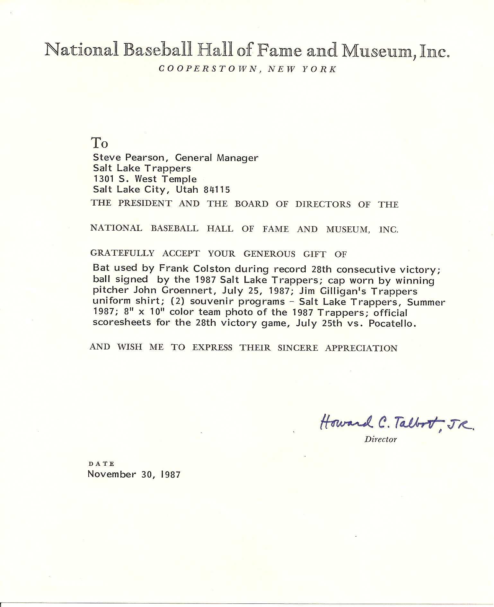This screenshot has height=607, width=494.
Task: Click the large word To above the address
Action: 100,143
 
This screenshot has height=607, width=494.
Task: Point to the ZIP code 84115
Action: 217,189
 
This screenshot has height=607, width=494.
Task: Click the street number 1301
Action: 103,179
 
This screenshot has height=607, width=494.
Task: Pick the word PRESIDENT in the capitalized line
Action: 145,204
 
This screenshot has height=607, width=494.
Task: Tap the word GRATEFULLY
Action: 122,253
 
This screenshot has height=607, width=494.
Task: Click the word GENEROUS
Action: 269,254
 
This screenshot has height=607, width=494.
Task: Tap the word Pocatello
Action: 393,323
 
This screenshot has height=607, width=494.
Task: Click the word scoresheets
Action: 122,322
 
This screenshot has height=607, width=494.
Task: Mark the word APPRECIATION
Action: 361,348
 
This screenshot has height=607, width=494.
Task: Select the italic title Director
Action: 380,439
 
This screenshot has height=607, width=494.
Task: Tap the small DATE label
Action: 101,464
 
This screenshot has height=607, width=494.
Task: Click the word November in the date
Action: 112,474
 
